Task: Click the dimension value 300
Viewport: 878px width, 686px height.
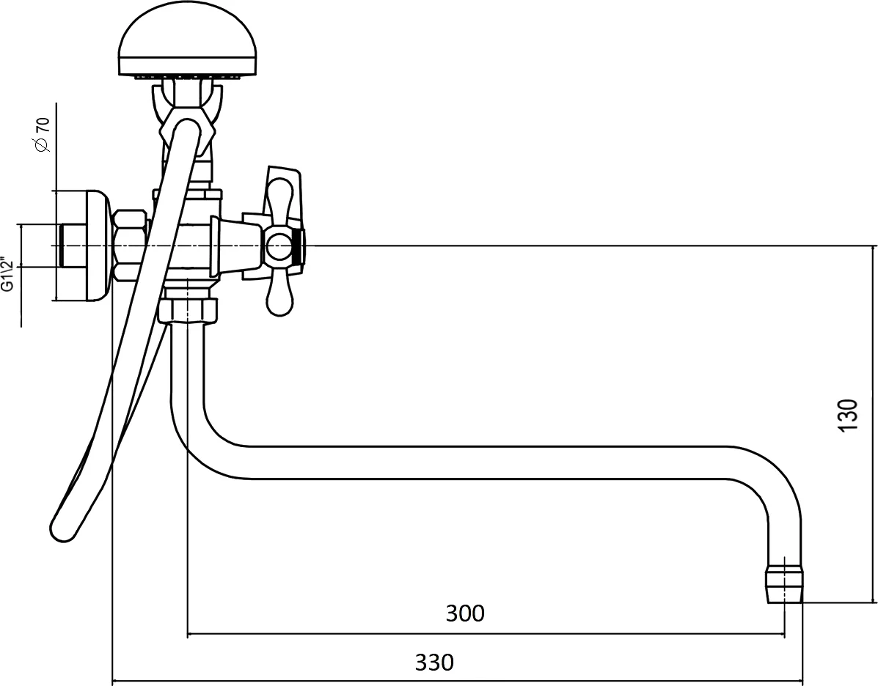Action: pyautogui.click(x=465, y=613)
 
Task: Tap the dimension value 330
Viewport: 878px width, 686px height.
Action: pyautogui.click(x=434, y=663)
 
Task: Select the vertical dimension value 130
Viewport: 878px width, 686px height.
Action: pyautogui.click(x=849, y=415)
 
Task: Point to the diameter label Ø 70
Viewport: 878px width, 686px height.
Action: pyautogui.click(x=42, y=134)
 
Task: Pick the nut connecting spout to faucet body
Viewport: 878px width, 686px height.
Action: pyautogui.click(x=187, y=311)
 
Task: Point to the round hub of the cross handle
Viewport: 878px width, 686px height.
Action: pyautogui.click(x=278, y=247)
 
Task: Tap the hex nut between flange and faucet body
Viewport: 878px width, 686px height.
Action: pyautogui.click(x=131, y=246)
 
